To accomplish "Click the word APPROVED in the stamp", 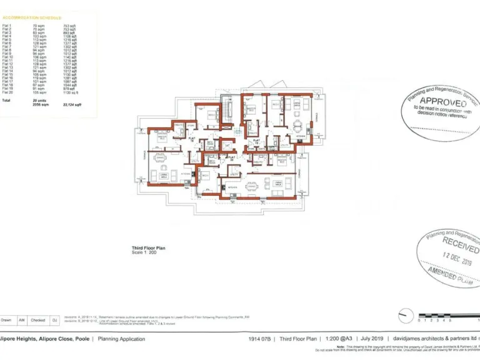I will [x=442, y=101].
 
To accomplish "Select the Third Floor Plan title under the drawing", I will [x=147, y=248].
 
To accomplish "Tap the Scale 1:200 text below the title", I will [x=143, y=252].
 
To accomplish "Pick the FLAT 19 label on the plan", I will [x=256, y=140].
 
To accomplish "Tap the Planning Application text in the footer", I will [x=121, y=339].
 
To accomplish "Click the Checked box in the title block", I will [x=37, y=320].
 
